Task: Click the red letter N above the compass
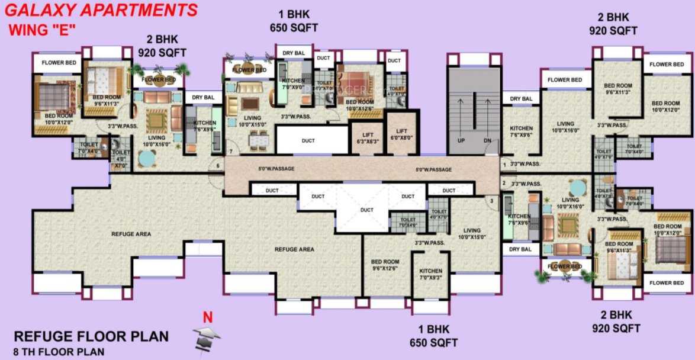coord(207,318)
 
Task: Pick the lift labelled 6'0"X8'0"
coord(402,134)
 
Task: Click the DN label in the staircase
coord(487,141)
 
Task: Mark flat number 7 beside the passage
coord(231,151)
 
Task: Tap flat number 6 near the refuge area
coord(218,166)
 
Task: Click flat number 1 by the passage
coord(504,163)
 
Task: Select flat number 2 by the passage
coord(504,183)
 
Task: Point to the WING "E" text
coord(43,30)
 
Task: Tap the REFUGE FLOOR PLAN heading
coord(91,336)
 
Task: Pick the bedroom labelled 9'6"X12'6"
coord(385,265)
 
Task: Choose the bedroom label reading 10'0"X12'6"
coord(359,105)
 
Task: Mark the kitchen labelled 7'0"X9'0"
coord(293,83)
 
